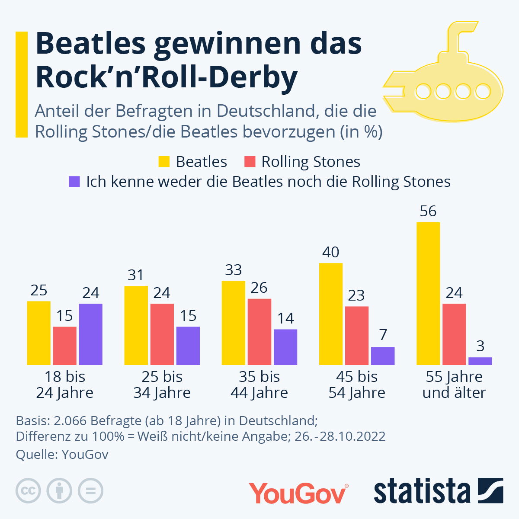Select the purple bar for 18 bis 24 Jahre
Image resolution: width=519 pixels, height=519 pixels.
click(91, 334)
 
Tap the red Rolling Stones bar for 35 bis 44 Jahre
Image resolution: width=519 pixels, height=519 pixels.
click(259, 331)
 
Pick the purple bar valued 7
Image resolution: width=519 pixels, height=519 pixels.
click(383, 356)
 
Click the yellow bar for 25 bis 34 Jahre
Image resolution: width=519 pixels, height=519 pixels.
click(136, 325)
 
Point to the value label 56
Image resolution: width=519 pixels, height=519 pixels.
click(428, 211)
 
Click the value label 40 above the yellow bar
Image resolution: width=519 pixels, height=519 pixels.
click(331, 252)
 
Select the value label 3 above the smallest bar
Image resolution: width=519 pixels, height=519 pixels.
click(480, 346)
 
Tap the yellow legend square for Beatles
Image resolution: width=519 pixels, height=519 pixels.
click(164, 162)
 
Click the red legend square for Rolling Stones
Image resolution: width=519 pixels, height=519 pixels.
click(250, 162)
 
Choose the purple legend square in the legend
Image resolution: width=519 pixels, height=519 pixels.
click(74, 182)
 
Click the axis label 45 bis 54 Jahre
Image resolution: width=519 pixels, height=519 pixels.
click(357, 384)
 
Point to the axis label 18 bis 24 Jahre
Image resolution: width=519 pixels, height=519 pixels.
click(65, 384)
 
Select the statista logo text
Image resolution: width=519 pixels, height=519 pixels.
click(422, 491)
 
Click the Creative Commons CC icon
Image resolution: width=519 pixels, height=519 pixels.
click(28, 491)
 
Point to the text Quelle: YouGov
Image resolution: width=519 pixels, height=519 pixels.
click(62, 455)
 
